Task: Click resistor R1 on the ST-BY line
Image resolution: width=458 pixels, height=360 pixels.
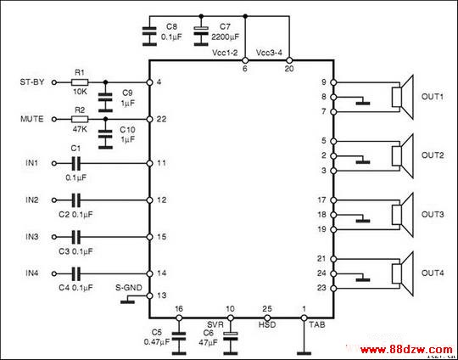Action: coord(80,82)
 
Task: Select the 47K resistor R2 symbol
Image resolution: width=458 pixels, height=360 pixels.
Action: coord(80,120)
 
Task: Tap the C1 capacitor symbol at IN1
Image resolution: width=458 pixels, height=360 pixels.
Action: coord(76,164)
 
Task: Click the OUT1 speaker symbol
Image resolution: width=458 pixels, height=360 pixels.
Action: coord(403,97)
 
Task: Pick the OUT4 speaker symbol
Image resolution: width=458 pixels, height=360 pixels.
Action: coord(403,273)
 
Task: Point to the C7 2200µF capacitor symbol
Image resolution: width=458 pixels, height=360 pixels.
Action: coord(201,37)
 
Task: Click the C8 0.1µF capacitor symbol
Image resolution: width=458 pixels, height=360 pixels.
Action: coord(149,37)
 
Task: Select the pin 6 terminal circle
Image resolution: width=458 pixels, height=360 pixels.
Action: coord(245,60)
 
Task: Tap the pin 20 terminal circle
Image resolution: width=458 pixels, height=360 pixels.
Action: coord(289,60)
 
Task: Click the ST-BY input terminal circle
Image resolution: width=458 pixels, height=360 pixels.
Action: coord(53,82)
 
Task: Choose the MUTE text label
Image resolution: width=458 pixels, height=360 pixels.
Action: coord(32,120)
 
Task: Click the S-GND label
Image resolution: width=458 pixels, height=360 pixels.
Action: coord(129,288)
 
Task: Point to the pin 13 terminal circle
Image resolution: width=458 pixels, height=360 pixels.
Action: coord(149,295)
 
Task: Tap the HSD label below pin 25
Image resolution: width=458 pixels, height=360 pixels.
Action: coord(267,325)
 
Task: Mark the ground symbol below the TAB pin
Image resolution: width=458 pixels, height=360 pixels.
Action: coord(304,352)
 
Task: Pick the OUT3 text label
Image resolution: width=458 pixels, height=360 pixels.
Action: coord(433,214)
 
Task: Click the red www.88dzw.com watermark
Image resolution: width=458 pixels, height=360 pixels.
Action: coord(406,350)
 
